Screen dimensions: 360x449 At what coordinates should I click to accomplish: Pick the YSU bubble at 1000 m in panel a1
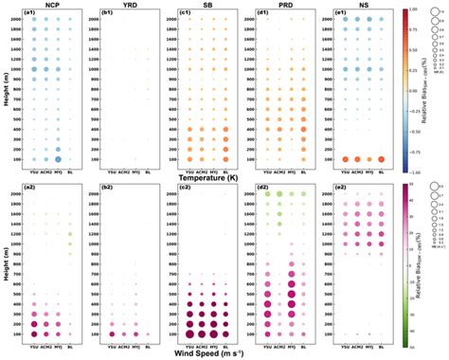pyautogui.click(x=33, y=69)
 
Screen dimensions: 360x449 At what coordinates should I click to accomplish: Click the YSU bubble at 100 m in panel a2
pyautogui.click(x=33, y=333)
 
